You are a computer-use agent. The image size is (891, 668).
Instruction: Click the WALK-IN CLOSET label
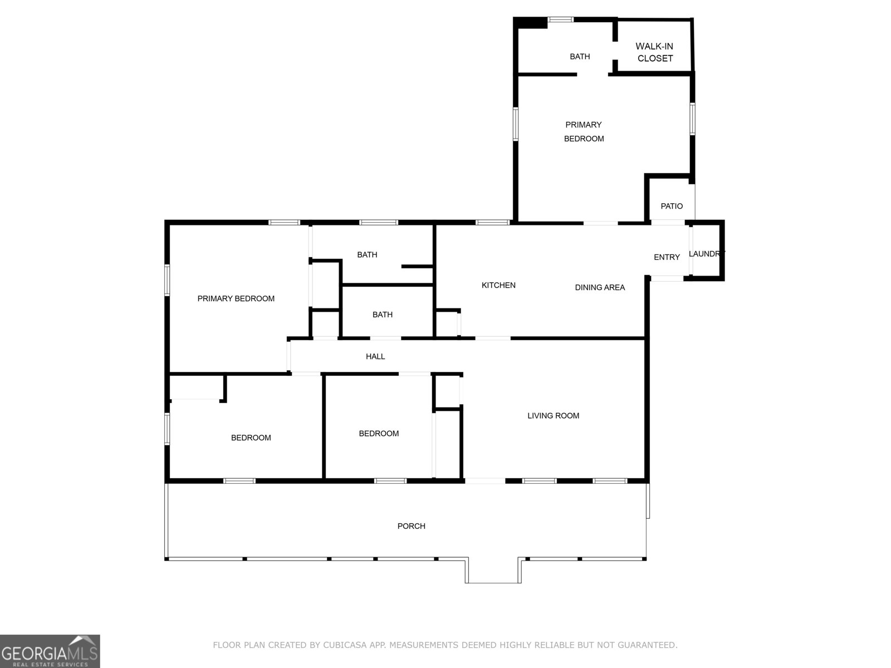(x=655, y=52)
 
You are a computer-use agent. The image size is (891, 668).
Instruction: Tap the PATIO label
(x=672, y=206)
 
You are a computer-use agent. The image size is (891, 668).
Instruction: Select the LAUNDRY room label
(x=706, y=254)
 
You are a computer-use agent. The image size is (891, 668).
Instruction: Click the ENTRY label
(x=667, y=257)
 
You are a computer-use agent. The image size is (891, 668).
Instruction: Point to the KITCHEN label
(x=498, y=285)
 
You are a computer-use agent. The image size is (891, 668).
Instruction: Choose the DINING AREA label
(x=600, y=287)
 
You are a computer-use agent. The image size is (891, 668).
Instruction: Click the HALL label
(x=375, y=356)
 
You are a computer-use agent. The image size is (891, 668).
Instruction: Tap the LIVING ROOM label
(x=553, y=415)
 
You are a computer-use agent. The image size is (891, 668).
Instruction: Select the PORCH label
(x=411, y=526)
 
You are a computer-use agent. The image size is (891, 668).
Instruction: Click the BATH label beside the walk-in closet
(x=580, y=56)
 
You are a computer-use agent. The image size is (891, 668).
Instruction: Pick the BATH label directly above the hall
(x=382, y=315)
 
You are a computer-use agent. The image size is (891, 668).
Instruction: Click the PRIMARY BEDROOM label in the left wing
(x=236, y=298)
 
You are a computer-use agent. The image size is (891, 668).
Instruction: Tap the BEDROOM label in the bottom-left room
(x=251, y=438)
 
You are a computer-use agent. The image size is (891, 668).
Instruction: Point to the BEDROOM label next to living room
(x=379, y=433)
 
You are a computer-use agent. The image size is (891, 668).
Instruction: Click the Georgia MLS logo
(x=50, y=651)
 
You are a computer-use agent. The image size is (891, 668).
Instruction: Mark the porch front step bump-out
(x=493, y=571)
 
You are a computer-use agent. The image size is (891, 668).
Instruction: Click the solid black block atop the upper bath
(x=531, y=23)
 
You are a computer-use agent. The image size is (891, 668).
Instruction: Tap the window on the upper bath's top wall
(x=560, y=19)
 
